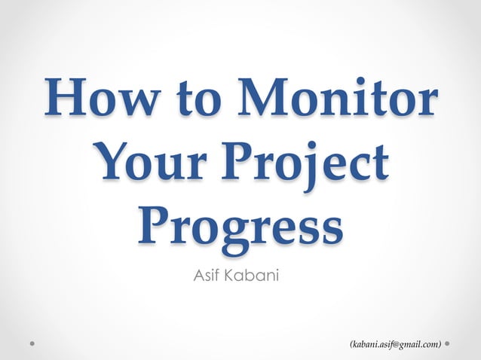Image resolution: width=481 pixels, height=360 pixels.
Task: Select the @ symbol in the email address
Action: (x=396, y=344)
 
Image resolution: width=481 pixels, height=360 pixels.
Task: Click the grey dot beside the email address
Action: (x=449, y=343)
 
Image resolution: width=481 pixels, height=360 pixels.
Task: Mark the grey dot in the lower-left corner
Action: (x=32, y=343)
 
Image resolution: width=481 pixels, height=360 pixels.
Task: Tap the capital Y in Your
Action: (x=114, y=163)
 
